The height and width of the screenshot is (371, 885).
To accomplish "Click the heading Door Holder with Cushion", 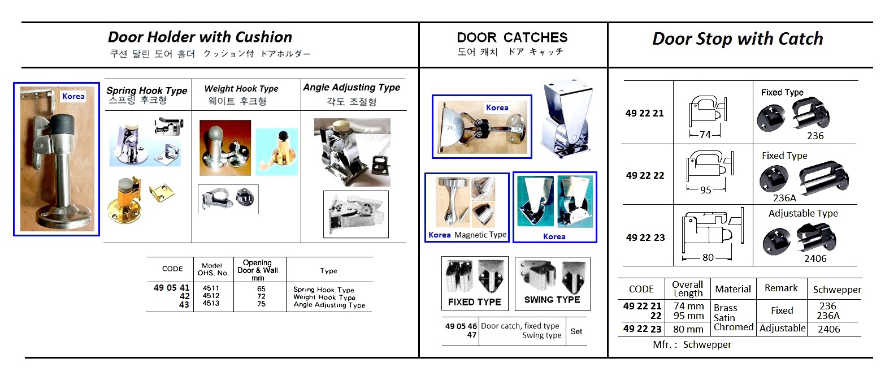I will tap(200, 37).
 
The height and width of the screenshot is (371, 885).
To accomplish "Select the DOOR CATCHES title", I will tap(512, 37).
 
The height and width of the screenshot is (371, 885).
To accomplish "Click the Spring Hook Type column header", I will tap(147, 90).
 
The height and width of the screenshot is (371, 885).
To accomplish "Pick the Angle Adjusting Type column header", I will tap(352, 88).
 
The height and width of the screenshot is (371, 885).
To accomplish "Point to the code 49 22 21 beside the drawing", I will tap(645, 113).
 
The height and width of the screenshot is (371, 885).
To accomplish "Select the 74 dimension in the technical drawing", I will tap(704, 135).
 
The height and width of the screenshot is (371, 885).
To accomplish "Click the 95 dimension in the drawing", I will tap(705, 190).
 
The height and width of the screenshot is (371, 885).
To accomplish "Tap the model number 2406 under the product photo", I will tap(814, 258).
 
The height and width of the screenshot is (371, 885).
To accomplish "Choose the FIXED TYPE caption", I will tap(475, 302).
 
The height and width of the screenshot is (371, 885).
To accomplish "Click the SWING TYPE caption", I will tap(552, 300).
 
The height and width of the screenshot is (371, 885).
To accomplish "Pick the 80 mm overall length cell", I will tap(688, 329).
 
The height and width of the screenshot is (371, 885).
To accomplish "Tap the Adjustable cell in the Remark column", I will tap(782, 328).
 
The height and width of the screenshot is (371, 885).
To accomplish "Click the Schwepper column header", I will tap(837, 290).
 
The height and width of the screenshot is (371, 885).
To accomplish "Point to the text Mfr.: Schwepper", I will tap(692, 344).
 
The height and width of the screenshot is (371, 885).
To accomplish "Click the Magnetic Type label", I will tap(480, 235).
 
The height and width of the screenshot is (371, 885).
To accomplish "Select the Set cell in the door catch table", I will tap(576, 331).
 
